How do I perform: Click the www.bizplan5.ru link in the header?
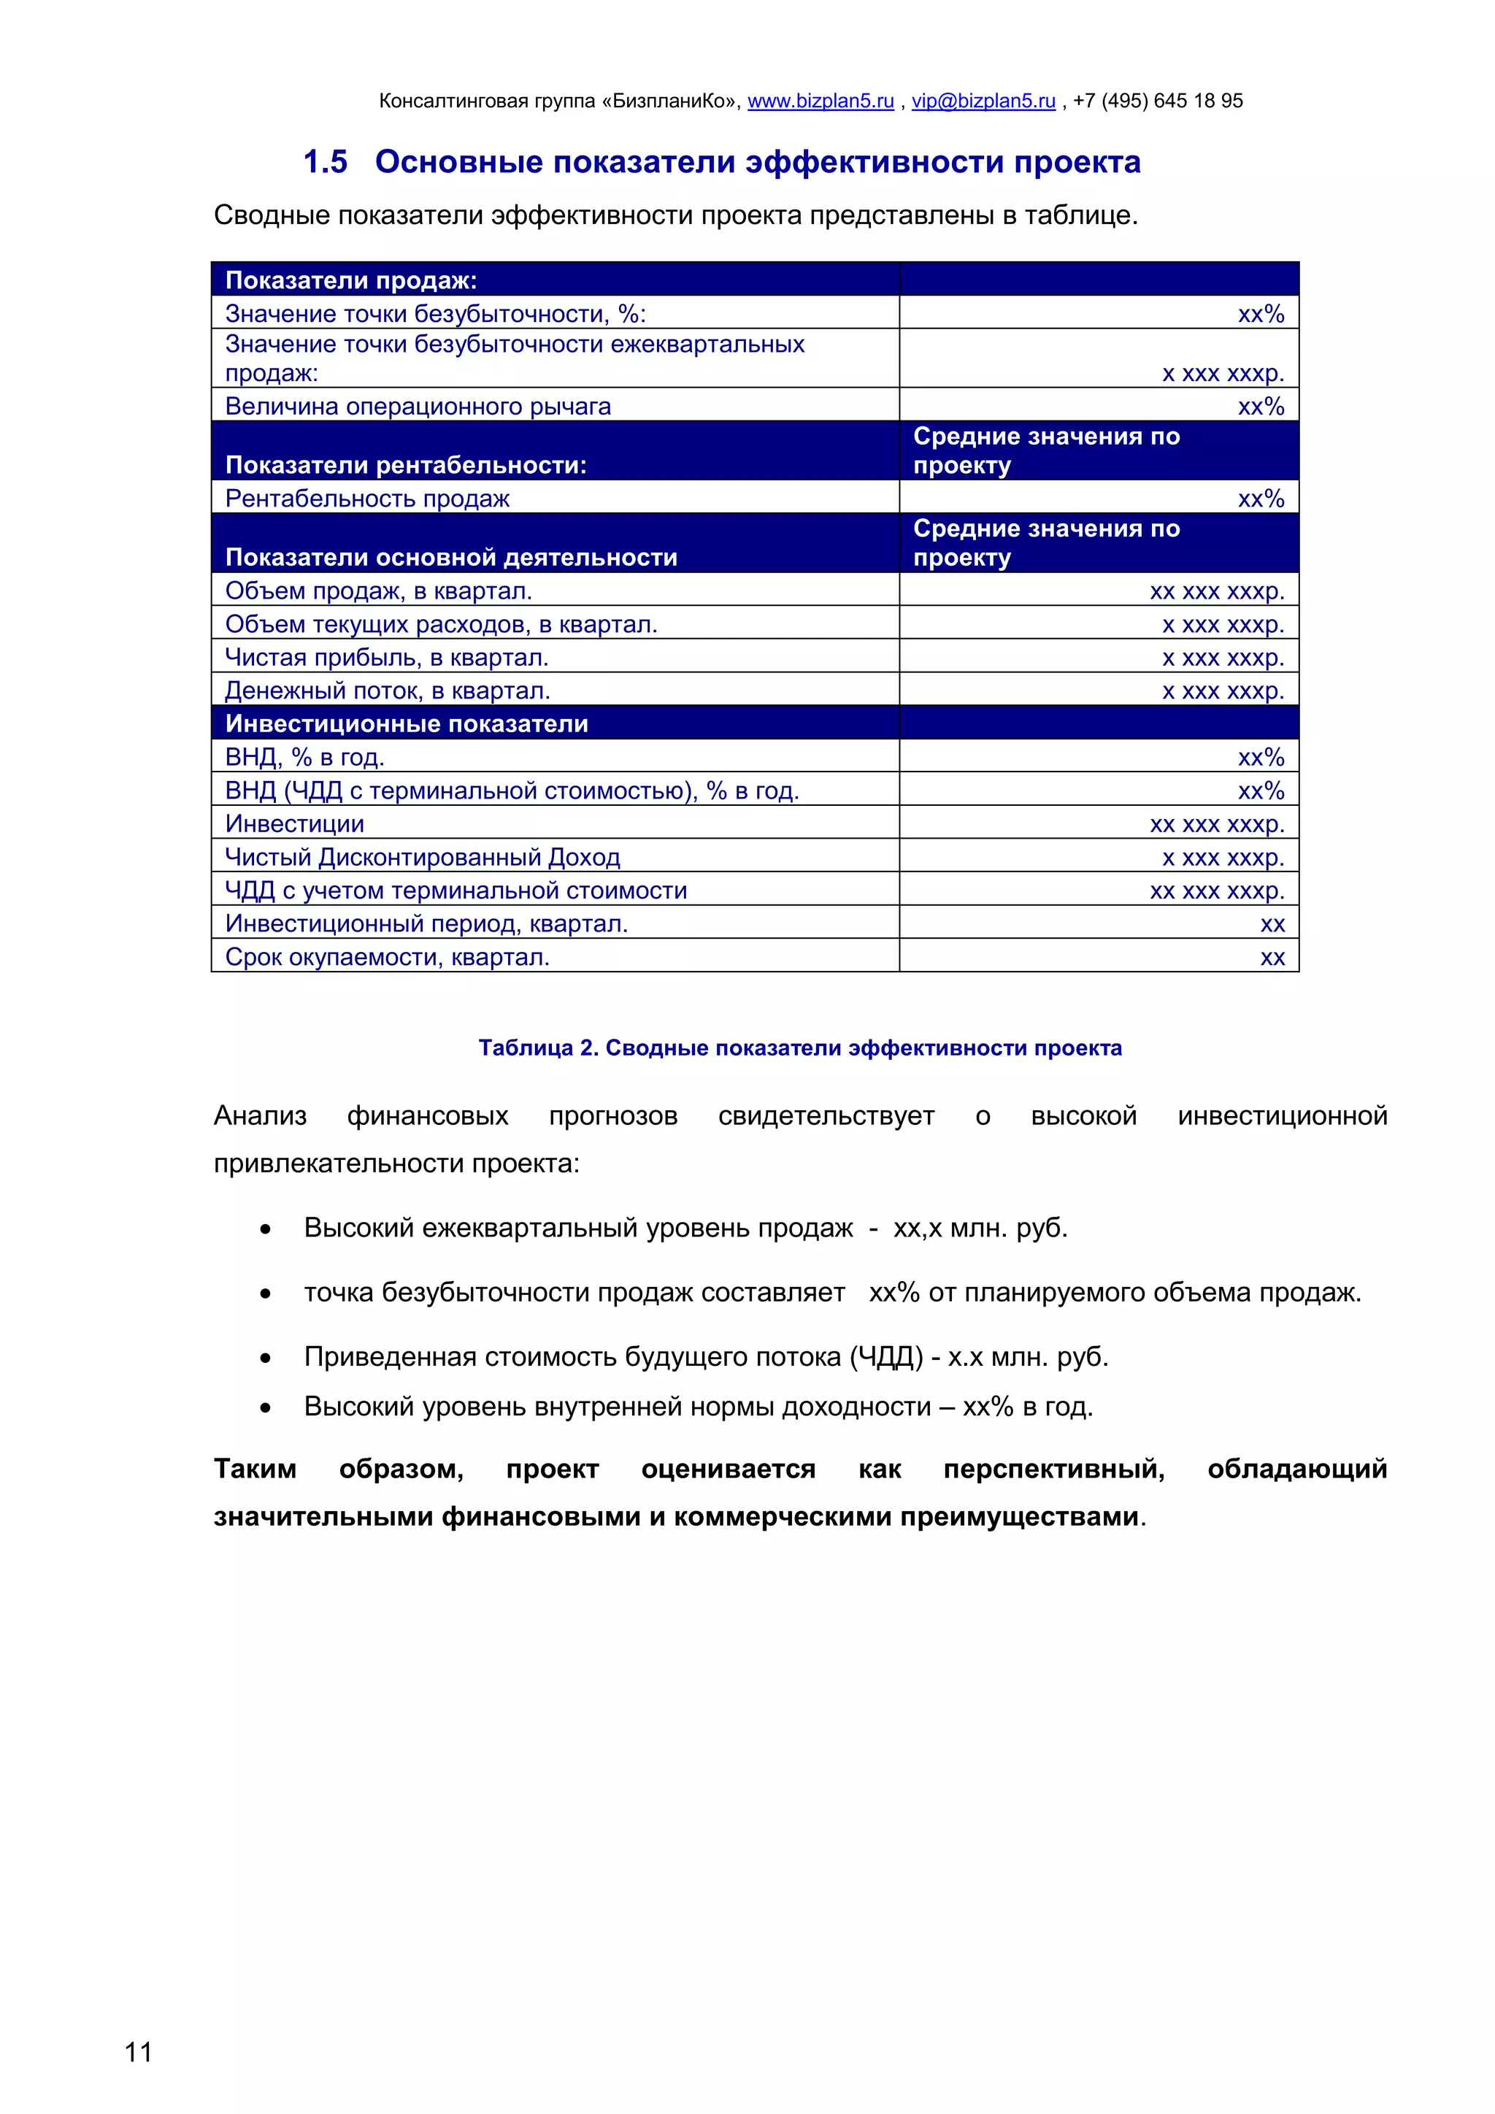click(x=820, y=101)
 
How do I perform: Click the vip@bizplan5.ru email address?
click(x=983, y=101)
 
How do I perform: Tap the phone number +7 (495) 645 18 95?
click(x=1157, y=101)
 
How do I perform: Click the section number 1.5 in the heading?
click(x=325, y=162)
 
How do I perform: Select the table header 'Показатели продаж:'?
click(x=352, y=280)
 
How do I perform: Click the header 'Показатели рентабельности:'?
click(x=406, y=465)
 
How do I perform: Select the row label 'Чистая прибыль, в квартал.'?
click(x=387, y=658)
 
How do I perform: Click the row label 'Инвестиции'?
click(x=295, y=823)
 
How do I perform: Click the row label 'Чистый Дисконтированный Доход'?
click(x=423, y=857)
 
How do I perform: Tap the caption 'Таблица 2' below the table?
click(x=537, y=1048)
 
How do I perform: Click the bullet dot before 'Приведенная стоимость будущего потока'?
click(x=265, y=1358)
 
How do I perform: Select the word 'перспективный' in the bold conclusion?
click(x=1053, y=1468)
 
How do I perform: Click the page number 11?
click(x=138, y=2051)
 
